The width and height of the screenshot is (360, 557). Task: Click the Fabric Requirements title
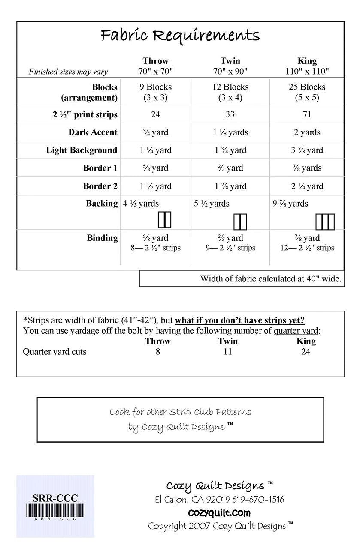[180, 36]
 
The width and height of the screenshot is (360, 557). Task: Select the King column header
[307, 61]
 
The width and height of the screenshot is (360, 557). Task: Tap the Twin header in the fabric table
[230, 61]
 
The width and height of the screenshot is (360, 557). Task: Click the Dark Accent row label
[93, 132]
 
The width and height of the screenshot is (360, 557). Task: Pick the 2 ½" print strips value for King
[307, 114]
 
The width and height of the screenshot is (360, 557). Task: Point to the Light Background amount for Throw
[155, 150]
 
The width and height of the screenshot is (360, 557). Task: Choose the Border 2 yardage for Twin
[230, 186]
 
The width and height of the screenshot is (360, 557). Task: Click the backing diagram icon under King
[325, 221]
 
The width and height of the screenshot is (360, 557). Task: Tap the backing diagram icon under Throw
[164, 219]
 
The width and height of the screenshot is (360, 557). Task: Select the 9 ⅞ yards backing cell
[291, 204]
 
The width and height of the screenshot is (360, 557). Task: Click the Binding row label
[102, 238]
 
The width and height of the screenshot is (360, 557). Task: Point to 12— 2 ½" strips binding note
[307, 248]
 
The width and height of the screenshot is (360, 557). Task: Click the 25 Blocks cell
[307, 87]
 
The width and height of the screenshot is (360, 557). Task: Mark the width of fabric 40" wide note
[270, 279]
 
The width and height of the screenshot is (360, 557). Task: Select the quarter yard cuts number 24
[306, 352]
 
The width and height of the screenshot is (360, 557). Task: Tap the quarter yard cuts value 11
[227, 352]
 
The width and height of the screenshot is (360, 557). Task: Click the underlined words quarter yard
[296, 331]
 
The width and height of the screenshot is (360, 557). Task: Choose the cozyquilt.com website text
[219, 513]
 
